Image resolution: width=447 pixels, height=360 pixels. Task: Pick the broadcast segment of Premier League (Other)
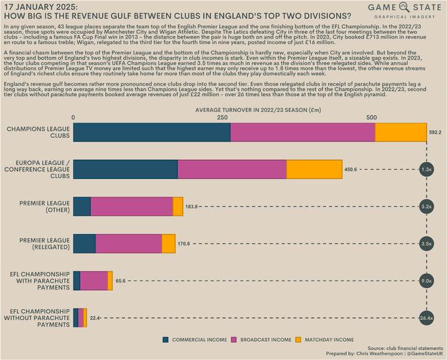131,206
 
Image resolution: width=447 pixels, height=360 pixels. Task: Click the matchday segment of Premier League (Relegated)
169,243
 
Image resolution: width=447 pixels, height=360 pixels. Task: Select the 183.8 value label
193,206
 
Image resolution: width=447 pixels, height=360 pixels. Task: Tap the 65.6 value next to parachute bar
121,280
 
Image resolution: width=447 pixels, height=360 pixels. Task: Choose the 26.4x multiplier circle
427,317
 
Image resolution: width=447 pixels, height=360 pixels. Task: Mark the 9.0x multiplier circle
427,280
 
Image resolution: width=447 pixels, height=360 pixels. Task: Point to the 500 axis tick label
371,117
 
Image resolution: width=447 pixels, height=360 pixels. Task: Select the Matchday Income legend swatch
306,339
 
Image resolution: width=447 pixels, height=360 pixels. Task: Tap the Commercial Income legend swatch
166,339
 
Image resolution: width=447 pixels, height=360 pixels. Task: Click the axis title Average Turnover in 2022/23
249,108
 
